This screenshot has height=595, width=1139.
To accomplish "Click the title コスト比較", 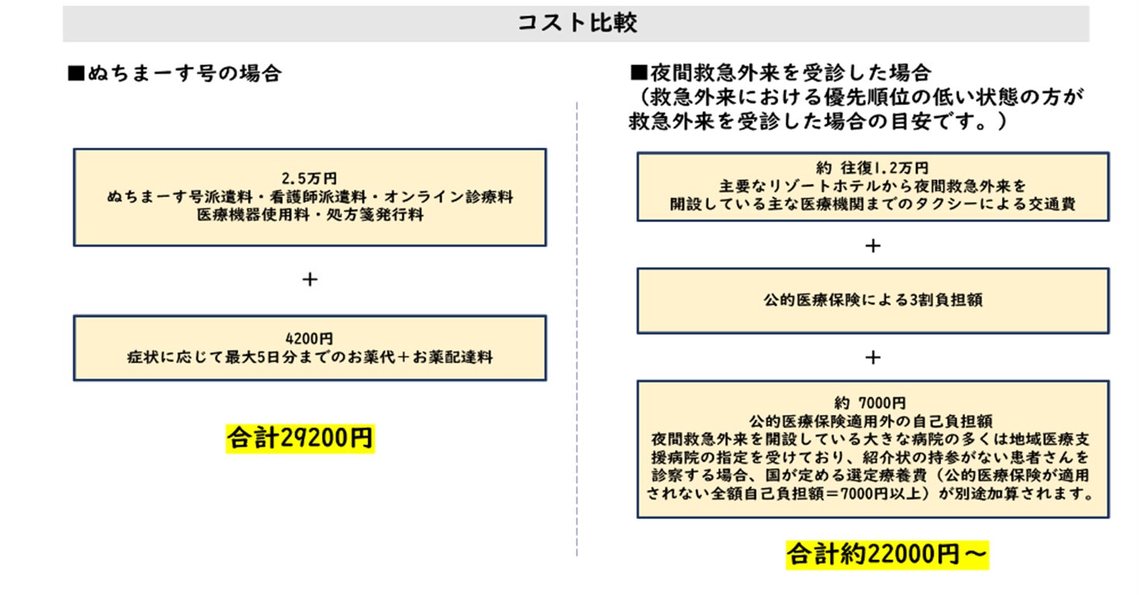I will click(576, 23).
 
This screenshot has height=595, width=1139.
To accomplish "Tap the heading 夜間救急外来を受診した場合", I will click(781, 75).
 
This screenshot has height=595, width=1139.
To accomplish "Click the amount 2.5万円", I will click(309, 178).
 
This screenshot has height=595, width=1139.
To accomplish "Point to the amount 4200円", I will click(309, 339).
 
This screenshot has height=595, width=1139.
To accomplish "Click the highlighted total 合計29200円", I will click(300, 438).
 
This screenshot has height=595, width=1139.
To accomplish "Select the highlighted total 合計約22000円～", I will click(886, 554).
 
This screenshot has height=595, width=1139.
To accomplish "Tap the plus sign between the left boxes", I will click(309, 280).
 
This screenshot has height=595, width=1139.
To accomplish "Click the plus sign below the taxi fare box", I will click(873, 245).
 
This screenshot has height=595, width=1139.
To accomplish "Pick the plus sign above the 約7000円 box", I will click(873, 357).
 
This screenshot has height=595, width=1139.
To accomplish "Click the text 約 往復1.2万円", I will click(872, 168).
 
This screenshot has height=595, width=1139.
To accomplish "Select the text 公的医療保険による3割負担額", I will click(873, 301).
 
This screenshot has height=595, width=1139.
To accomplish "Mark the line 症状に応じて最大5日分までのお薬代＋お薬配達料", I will click(309, 358).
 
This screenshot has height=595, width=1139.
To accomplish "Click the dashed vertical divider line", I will click(576, 326).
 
